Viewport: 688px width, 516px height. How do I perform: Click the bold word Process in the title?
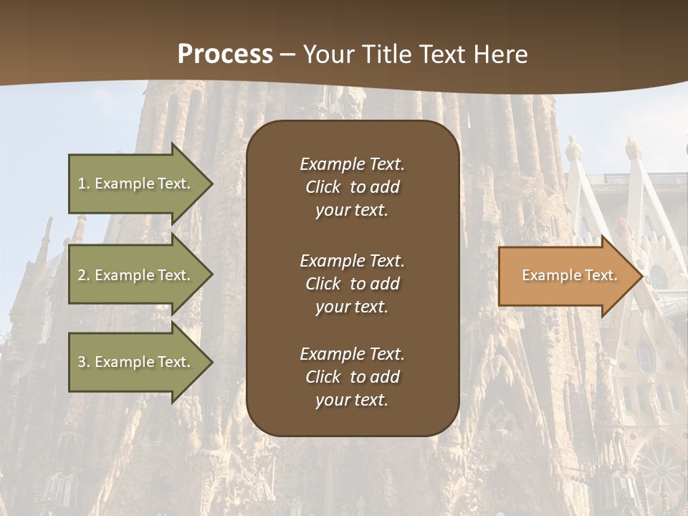click(x=225, y=54)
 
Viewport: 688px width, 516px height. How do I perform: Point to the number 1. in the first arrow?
click(x=83, y=183)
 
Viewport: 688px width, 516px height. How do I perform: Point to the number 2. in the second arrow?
click(x=83, y=275)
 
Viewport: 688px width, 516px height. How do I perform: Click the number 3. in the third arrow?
click(x=83, y=362)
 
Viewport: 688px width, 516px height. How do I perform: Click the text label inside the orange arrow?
click(x=570, y=275)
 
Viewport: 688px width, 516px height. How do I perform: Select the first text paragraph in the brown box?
click(x=352, y=187)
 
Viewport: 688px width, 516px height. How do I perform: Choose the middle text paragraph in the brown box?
click(x=352, y=284)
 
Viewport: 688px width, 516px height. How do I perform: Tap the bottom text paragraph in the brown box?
click(x=352, y=377)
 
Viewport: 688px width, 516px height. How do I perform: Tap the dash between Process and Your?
click(x=288, y=54)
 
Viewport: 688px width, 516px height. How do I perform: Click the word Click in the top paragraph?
click(x=323, y=187)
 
